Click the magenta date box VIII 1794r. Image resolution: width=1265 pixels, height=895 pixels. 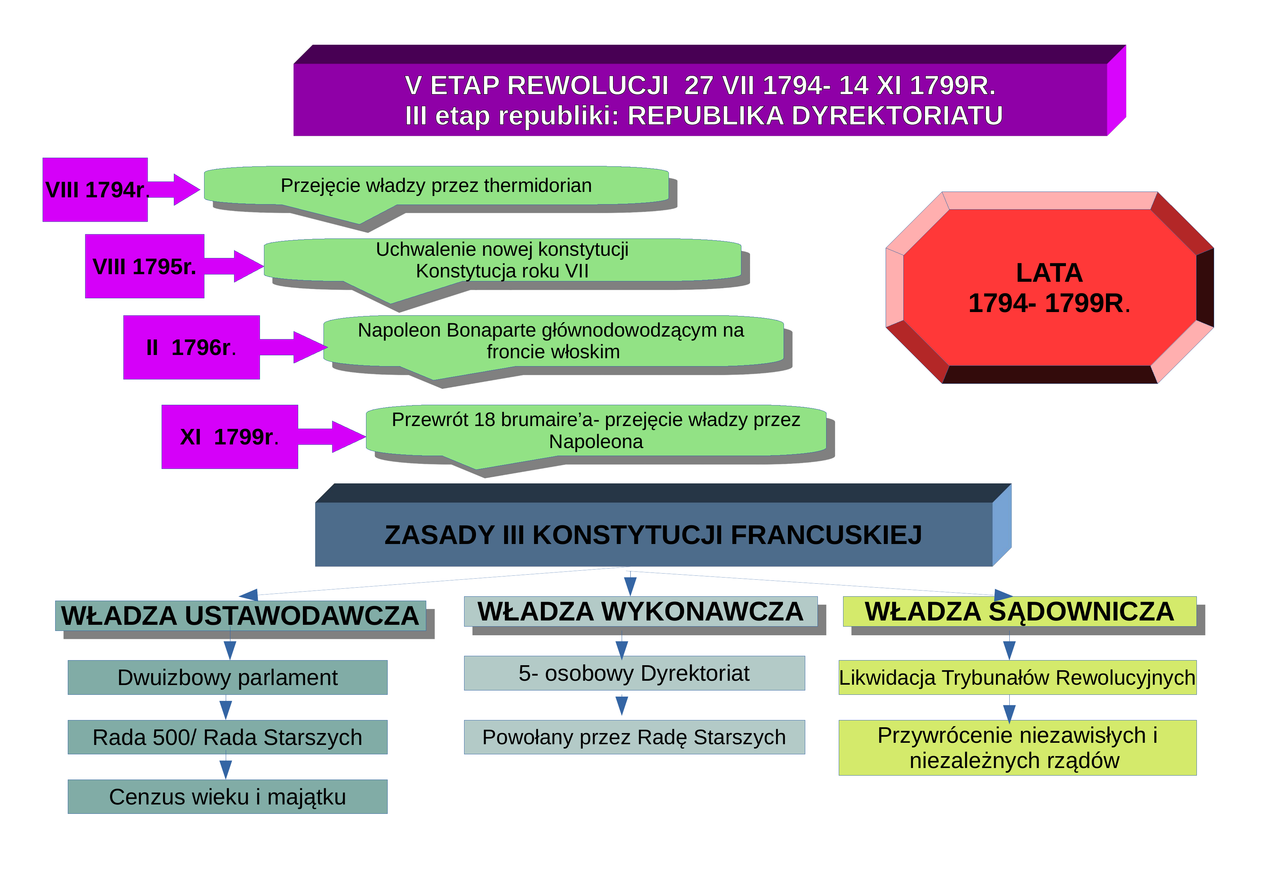coord(95,190)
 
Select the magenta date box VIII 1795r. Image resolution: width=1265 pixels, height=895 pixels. coord(144,266)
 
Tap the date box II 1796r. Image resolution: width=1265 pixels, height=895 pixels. coord(191,347)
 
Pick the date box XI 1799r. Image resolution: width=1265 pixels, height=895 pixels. coord(229,436)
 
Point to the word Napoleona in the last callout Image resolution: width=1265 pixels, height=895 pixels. coord(596,442)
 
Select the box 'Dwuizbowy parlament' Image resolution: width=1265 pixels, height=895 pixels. coord(228,677)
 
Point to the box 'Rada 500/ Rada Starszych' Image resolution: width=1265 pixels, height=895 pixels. coord(228,737)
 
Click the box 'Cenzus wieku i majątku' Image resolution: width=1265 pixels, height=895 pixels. coord(228,797)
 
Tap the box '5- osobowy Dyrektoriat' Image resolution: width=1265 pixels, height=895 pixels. coord(634,673)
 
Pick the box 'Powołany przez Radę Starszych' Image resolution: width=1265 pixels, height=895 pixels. coord(634,737)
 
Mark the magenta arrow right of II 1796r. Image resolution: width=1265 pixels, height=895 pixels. coord(294,347)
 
